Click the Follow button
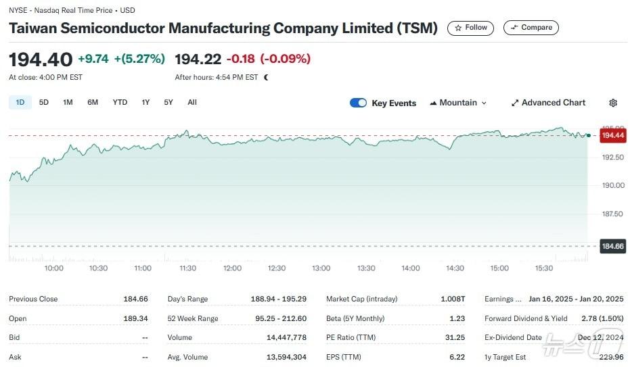point(470,28)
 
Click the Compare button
point(531,28)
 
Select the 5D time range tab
point(43,103)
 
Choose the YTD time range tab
point(120,103)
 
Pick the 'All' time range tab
point(192,103)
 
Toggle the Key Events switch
point(358,103)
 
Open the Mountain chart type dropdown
point(458,103)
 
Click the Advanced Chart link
point(548,103)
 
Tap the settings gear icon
point(613,103)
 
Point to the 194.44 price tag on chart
point(612,136)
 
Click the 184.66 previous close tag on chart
point(612,246)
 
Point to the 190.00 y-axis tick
point(613,185)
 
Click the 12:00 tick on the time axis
point(232,268)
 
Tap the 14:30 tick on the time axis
point(455,268)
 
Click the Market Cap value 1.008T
point(453,299)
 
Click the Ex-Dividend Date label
point(513,337)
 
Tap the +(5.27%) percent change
point(139,59)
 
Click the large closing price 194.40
point(40,59)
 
